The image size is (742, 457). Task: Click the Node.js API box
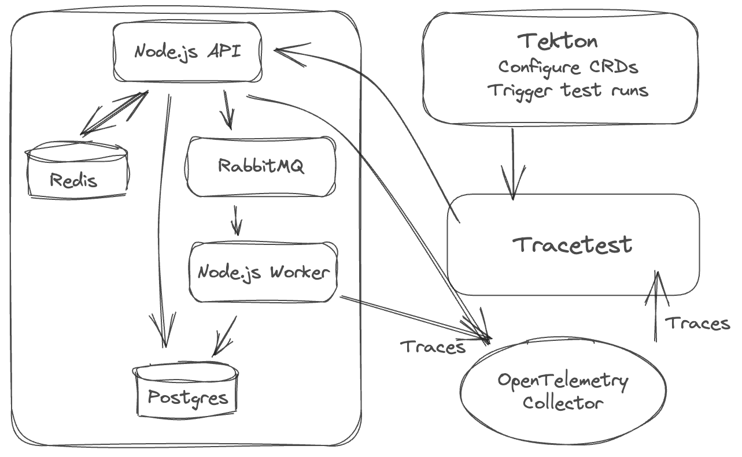(x=187, y=52)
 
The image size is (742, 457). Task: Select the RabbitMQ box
(x=260, y=166)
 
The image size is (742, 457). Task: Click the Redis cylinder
(x=77, y=172)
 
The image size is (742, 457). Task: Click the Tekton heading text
(x=558, y=42)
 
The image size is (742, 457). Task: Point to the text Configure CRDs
(x=568, y=67)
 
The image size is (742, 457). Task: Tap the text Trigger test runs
(x=567, y=91)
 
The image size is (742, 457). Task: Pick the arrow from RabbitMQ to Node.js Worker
(x=236, y=220)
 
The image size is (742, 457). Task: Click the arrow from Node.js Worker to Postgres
(x=223, y=336)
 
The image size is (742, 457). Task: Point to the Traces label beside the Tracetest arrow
(x=697, y=324)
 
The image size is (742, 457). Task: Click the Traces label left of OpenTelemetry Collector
(x=433, y=347)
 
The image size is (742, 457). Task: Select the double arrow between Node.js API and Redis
(x=113, y=114)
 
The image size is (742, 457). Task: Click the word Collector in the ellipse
(x=563, y=403)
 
